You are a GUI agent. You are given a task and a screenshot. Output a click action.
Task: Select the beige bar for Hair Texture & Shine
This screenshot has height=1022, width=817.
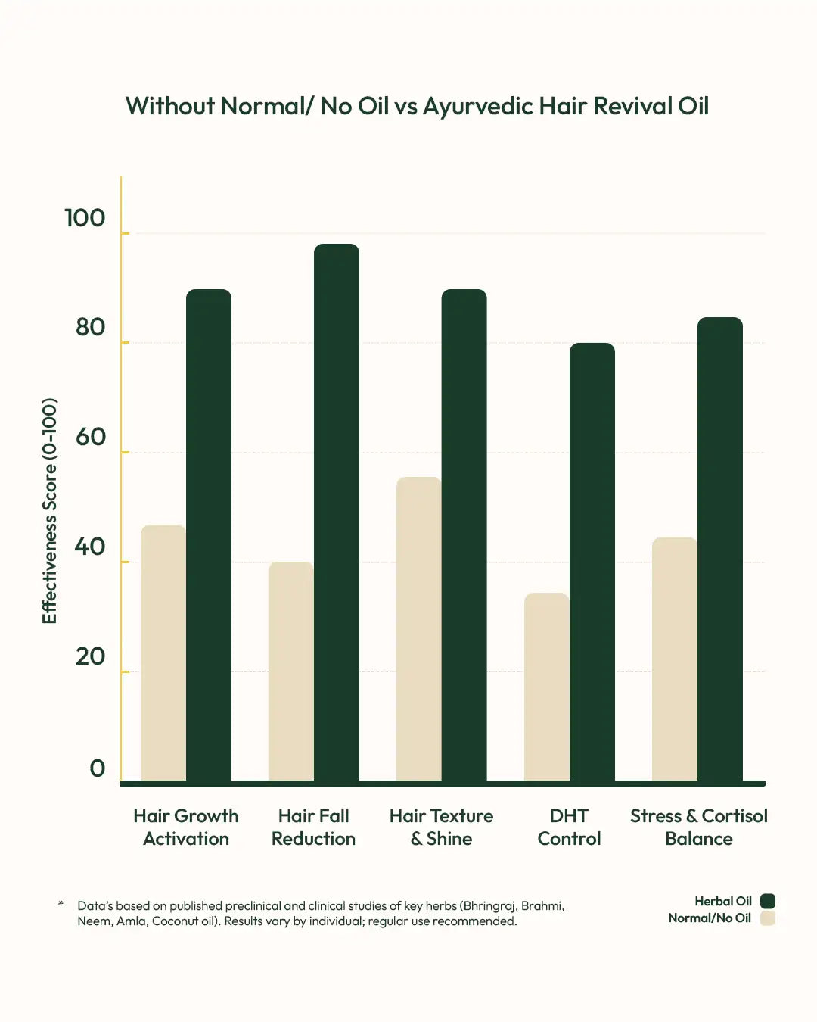[x=418, y=628]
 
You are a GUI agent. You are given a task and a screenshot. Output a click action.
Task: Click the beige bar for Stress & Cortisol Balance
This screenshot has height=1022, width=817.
[x=675, y=659]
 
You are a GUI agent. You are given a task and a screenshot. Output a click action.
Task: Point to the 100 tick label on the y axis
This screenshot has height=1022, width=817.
[x=85, y=218]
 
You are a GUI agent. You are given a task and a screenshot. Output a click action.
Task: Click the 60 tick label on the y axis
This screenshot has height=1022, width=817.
[x=90, y=437]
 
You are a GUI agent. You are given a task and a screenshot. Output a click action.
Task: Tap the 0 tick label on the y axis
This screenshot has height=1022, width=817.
[x=97, y=768]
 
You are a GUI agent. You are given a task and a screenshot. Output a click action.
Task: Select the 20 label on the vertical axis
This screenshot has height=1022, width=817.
[x=90, y=656]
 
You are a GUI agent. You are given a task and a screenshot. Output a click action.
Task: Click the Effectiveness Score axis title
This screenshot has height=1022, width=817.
[x=49, y=510]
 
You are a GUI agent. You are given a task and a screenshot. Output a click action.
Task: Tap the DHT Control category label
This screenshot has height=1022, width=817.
[x=569, y=827]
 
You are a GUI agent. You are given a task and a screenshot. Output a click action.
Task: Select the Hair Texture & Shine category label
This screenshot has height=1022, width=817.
[x=441, y=827]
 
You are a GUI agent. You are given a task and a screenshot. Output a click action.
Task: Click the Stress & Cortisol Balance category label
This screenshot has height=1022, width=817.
[x=698, y=827]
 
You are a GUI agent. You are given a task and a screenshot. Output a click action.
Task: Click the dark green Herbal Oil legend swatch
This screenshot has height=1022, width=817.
[x=767, y=901]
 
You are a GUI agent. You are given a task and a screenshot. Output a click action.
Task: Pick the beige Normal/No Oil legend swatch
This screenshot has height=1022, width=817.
[x=767, y=918]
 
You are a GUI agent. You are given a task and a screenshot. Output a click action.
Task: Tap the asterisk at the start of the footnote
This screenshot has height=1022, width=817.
[x=61, y=904]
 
